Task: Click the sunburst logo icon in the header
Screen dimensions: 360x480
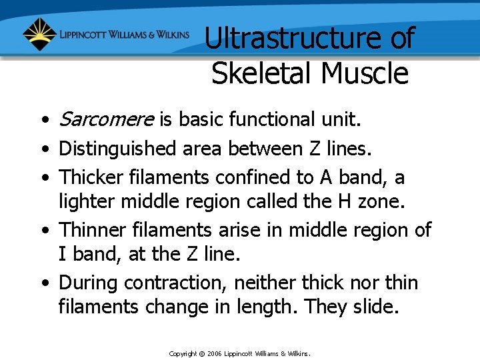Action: (39, 34)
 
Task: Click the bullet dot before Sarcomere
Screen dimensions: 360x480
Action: (43, 121)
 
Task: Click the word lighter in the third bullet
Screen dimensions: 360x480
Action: (83, 201)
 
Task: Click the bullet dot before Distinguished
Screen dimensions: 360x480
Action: (43, 150)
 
